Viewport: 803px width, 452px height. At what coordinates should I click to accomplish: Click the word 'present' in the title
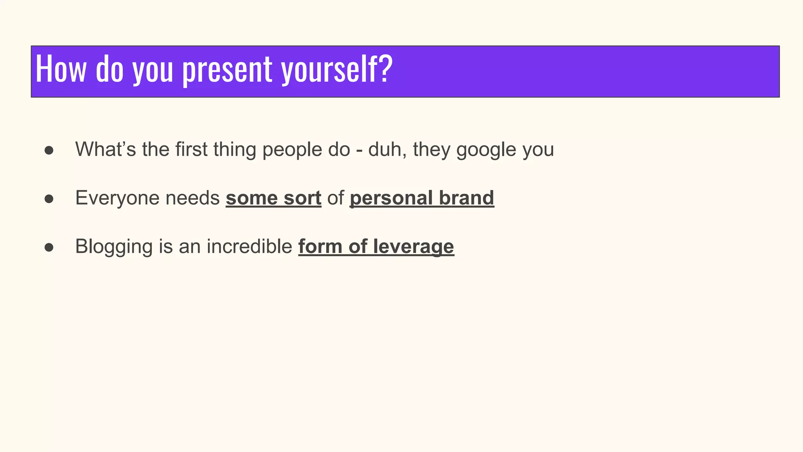(x=227, y=70)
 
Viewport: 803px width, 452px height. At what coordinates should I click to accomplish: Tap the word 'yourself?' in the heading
(x=337, y=70)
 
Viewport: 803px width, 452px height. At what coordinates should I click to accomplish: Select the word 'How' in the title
(x=61, y=69)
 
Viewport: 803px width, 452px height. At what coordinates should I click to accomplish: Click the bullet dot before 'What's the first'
(x=49, y=151)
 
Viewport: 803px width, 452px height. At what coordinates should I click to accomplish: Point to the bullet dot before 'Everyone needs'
(x=49, y=199)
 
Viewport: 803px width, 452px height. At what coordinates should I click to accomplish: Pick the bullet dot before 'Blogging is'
(x=49, y=248)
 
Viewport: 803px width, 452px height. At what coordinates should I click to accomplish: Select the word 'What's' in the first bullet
(x=105, y=149)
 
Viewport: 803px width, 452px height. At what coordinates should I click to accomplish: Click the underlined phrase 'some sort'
(x=273, y=198)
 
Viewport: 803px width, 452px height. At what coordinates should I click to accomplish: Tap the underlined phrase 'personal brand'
(x=421, y=198)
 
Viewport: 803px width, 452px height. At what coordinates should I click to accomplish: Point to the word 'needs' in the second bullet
(x=192, y=198)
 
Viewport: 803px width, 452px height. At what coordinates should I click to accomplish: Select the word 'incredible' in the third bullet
(x=249, y=246)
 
